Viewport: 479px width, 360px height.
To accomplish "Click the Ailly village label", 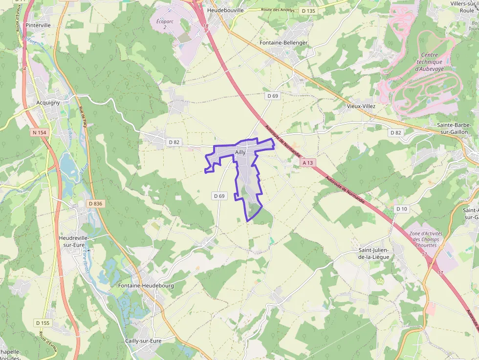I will pyautogui.click(x=240, y=152).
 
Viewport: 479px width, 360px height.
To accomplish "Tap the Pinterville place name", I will pyautogui.click(x=39, y=25).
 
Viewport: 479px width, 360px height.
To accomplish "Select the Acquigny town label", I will pyautogui.click(x=48, y=103).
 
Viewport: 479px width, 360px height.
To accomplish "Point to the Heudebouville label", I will pyautogui.click(x=225, y=10).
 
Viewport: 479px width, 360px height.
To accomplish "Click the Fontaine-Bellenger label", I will pyautogui.click(x=283, y=42).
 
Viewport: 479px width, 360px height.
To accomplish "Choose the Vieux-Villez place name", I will pyautogui.click(x=361, y=106).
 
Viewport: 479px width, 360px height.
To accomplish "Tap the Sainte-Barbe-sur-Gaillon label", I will pyautogui.click(x=453, y=128).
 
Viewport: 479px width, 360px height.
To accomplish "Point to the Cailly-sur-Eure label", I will pyautogui.click(x=143, y=340).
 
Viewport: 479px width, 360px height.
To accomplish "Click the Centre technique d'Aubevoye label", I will pyautogui.click(x=429, y=62).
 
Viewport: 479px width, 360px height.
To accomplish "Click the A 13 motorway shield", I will pyautogui.click(x=307, y=162).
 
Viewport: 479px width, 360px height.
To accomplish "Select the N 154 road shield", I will pyautogui.click(x=39, y=132).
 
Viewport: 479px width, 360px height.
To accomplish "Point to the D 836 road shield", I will pyautogui.click(x=95, y=203).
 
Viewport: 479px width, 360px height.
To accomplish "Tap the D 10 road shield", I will pyautogui.click(x=401, y=209).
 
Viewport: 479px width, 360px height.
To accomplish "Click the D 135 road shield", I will pyautogui.click(x=308, y=10).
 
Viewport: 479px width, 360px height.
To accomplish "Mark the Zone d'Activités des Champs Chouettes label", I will pyautogui.click(x=424, y=239).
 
